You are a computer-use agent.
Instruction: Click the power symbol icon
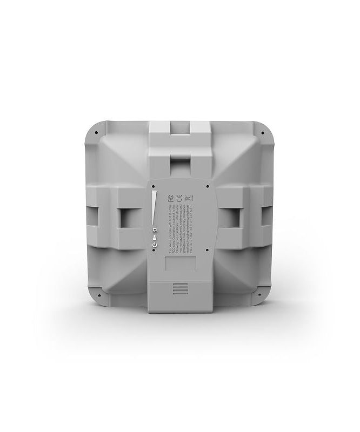pyautogui.click(x=155, y=245)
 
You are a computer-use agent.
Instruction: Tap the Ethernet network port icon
pyautogui.click(x=155, y=230)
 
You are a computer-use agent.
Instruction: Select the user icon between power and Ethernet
pyautogui.click(x=155, y=238)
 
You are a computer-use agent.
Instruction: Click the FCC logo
pyautogui.click(x=171, y=198)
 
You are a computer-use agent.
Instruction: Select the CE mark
pyautogui.click(x=179, y=198)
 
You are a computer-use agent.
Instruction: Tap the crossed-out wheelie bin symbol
pyautogui.click(x=188, y=198)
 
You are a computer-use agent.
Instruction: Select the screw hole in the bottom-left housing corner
pyautogui.click(x=99, y=295)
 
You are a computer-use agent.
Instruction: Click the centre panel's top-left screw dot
pyautogui.click(x=153, y=186)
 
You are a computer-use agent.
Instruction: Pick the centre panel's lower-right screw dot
pyautogui.click(x=207, y=250)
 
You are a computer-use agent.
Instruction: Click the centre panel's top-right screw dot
pyautogui.click(x=208, y=186)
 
